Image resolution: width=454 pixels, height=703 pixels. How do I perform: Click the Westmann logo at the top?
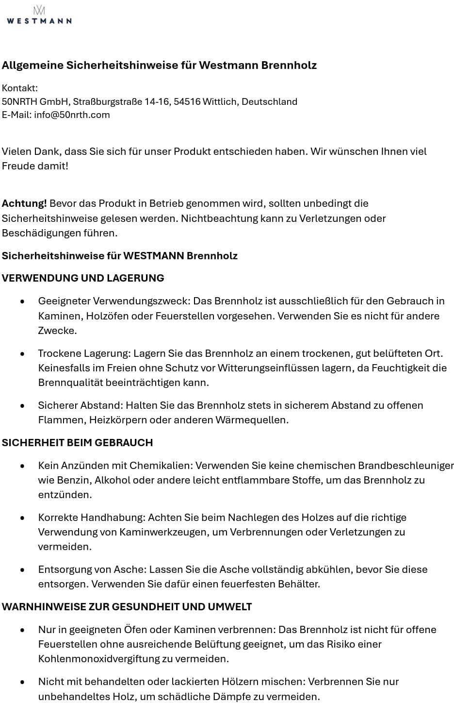click(x=39, y=16)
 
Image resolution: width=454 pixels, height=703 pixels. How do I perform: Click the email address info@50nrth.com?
click(x=72, y=115)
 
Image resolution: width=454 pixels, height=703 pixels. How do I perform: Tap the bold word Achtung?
click(x=24, y=203)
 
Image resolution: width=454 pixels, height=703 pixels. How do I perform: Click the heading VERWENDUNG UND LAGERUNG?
click(x=83, y=278)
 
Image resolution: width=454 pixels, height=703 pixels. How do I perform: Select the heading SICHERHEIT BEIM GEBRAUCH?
click(x=77, y=443)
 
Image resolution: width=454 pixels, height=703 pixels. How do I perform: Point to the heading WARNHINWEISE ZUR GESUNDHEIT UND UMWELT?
click(x=127, y=607)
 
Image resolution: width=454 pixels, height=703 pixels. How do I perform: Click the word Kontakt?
click(x=19, y=88)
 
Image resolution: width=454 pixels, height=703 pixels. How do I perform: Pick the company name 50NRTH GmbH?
click(x=35, y=102)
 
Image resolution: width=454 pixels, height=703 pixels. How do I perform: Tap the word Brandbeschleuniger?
click(x=405, y=466)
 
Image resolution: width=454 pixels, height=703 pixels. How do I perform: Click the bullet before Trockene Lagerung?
click(x=22, y=354)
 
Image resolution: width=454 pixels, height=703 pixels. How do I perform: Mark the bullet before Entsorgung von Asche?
click(x=22, y=570)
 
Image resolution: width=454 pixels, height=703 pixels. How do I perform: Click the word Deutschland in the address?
click(x=269, y=102)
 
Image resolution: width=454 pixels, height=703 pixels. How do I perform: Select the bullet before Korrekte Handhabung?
click(x=22, y=518)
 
